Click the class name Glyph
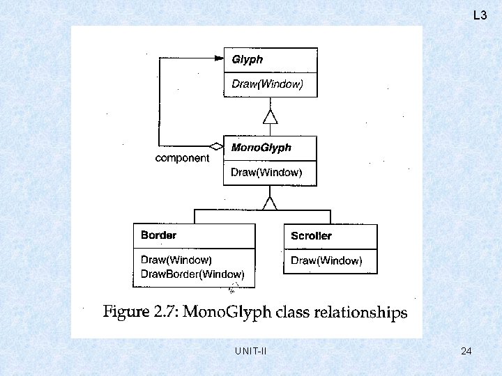[248, 60]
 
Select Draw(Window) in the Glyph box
[267, 85]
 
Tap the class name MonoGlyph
[261, 148]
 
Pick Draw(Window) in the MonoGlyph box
[266, 173]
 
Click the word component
[182, 158]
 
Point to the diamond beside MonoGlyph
[217, 146]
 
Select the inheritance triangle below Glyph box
[270, 116]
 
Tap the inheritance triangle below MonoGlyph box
[269, 202]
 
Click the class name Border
[158, 235]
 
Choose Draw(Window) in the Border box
[176, 260]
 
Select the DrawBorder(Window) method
[192, 274]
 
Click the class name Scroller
[311, 236]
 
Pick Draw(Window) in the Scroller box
[326, 260]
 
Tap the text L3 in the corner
[480, 15]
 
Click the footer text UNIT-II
[251, 352]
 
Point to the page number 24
[466, 352]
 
